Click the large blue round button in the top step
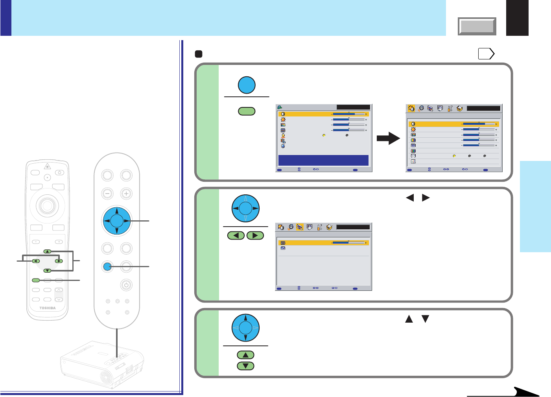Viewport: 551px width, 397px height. (x=247, y=85)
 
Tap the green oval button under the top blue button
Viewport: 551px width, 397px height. (x=247, y=111)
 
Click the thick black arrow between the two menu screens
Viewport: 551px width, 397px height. (x=388, y=138)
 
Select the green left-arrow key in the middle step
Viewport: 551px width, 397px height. (x=236, y=236)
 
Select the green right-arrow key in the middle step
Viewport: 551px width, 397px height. (x=255, y=236)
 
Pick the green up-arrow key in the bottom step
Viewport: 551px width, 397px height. (x=246, y=355)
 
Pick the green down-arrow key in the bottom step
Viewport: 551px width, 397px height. (x=246, y=366)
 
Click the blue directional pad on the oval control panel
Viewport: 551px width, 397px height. (x=117, y=221)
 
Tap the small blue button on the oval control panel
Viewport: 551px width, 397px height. (x=107, y=267)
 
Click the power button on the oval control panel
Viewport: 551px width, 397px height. (x=126, y=284)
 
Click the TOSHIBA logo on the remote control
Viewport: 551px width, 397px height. (x=48, y=308)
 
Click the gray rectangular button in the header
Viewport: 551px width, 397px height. (x=477, y=26)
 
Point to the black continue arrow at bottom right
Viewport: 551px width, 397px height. (x=523, y=392)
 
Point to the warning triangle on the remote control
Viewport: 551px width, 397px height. (x=47, y=166)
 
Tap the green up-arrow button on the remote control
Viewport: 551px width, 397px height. (x=47, y=251)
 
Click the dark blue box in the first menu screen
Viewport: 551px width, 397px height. (x=323, y=160)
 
